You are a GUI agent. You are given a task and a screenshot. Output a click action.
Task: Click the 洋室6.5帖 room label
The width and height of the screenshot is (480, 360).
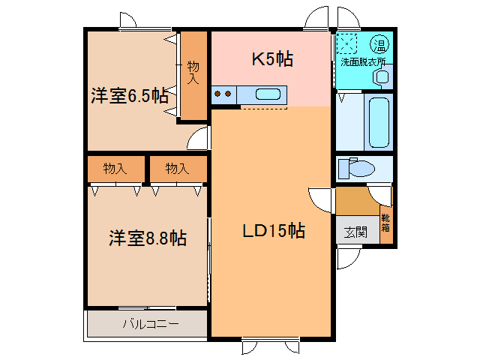[x=129, y=95]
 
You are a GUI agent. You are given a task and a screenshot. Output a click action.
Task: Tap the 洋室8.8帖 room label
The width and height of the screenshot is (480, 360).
[x=147, y=238]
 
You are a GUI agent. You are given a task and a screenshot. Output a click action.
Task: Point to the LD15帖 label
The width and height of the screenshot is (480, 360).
[x=272, y=232]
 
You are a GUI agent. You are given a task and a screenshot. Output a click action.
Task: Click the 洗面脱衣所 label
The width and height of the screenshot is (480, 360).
[x=363, y=62]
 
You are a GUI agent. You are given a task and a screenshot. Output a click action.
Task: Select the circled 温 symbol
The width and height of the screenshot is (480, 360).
[x=381, y=41]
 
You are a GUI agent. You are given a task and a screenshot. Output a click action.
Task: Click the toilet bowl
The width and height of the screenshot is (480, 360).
[x=358, y=169]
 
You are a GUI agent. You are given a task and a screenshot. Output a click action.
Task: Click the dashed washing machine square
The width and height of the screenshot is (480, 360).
[x=347, y=43]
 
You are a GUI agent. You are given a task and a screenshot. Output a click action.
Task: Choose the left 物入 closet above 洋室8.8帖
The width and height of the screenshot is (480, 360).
[x=115, y=168]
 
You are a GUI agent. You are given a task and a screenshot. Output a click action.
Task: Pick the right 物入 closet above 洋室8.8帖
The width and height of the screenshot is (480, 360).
[x=176, y=168]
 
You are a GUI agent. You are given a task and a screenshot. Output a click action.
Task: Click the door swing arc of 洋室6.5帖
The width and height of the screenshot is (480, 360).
[x=197, y=139]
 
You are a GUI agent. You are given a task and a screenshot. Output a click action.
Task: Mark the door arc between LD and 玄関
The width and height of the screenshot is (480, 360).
[x=321, y=199]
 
